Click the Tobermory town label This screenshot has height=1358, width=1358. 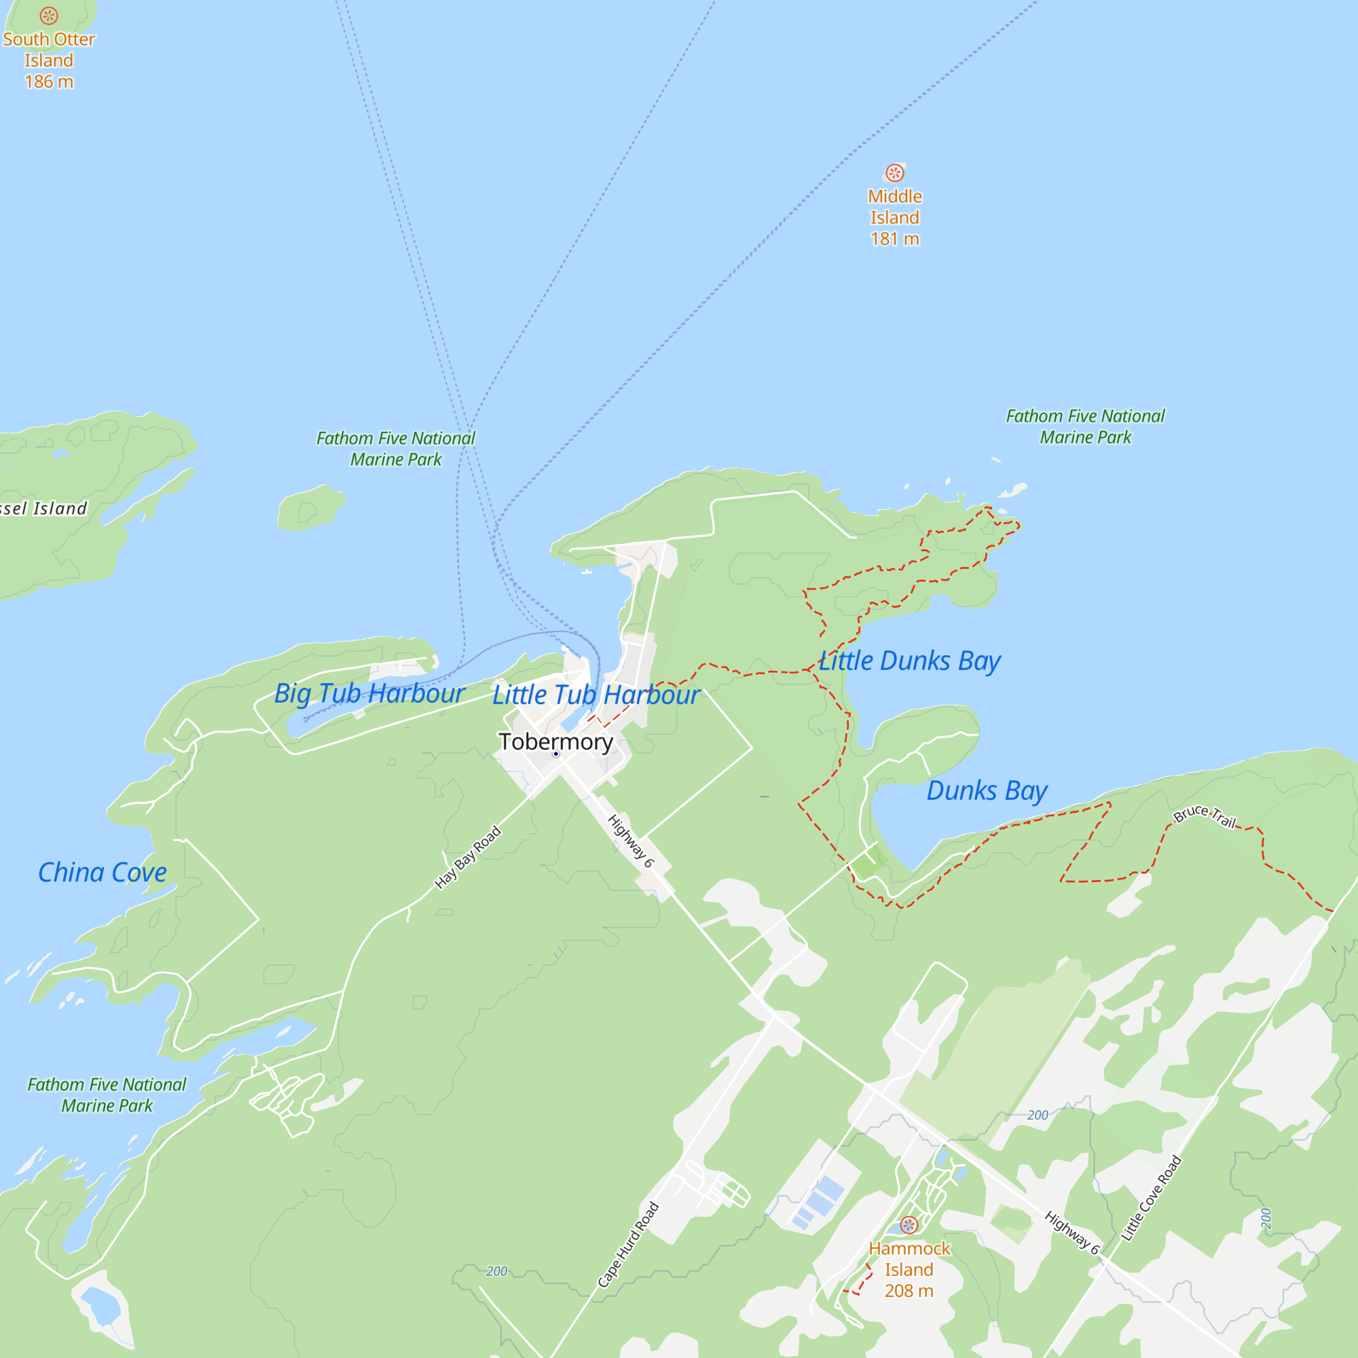555,741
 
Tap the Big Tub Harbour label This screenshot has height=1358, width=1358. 369,694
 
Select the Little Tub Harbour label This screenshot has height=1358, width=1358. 595,695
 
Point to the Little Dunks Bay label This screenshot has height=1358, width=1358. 910,661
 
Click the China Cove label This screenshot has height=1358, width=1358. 102,873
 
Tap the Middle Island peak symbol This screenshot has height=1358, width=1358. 895,173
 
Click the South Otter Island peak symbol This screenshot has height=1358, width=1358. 48,16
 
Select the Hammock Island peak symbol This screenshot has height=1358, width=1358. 909,1225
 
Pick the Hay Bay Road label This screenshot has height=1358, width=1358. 467,857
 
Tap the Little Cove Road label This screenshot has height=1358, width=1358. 1152,1198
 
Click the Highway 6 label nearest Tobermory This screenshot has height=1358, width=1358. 631,841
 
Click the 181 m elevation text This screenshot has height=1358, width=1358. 895,239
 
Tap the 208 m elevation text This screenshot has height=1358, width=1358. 909,1291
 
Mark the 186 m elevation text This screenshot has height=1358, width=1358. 48,81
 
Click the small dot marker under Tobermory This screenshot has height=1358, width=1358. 556,754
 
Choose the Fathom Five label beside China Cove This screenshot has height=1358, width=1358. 107,1095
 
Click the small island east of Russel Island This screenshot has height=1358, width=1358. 310,507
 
